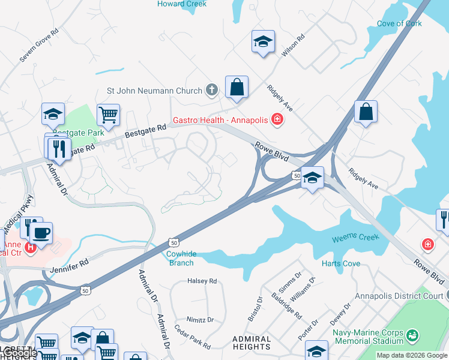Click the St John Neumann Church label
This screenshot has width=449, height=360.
point(154,91)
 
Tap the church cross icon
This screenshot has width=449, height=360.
point(211,91)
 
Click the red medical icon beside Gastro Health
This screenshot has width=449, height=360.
point(277,120)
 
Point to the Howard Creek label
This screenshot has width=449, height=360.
point(182,4)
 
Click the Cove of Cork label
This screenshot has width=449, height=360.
point(399,24)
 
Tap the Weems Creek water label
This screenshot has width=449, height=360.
point(356,238)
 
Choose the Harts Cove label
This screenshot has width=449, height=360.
point(341,263)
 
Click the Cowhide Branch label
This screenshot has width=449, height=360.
point(180,258)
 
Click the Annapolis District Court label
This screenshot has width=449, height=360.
point(398,296)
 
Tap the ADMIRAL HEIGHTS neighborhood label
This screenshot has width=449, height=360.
point(252,343)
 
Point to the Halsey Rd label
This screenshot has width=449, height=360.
point(202,281)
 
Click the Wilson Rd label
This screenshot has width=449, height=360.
point(293,46)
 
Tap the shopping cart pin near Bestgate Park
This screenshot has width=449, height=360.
point(108,114)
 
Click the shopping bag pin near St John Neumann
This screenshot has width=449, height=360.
point(237,87)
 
